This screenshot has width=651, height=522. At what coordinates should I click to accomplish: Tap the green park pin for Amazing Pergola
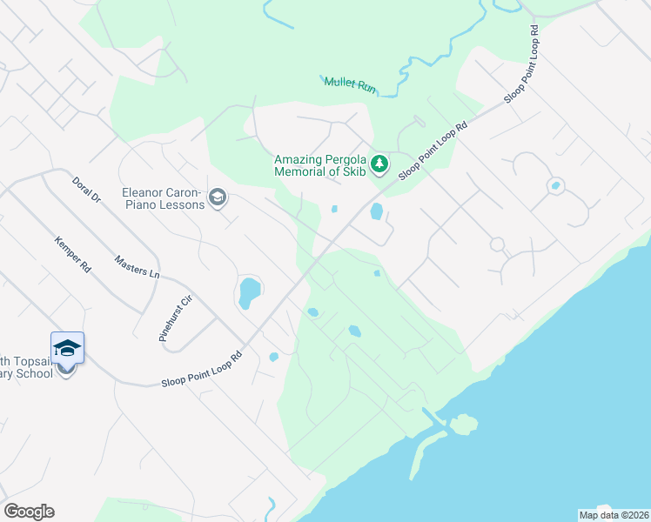tap(379, 164)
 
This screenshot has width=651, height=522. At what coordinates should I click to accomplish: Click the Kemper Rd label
tap(72, 254)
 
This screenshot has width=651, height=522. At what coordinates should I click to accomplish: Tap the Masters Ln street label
tap(138, 266)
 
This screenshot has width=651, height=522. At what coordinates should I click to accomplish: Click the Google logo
tap(29, 512)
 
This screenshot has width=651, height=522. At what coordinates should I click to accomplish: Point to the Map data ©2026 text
tap(614, 514)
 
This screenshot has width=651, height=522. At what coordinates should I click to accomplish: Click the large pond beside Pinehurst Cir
tap(249, 292)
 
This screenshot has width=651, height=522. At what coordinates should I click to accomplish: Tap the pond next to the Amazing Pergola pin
tap(377, 211)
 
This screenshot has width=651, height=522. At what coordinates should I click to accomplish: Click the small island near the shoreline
tap(463, 424)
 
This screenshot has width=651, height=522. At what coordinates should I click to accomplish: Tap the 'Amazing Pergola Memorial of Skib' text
tap(320, 164)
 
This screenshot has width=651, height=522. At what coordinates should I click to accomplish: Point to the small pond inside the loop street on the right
tap(554, 185)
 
